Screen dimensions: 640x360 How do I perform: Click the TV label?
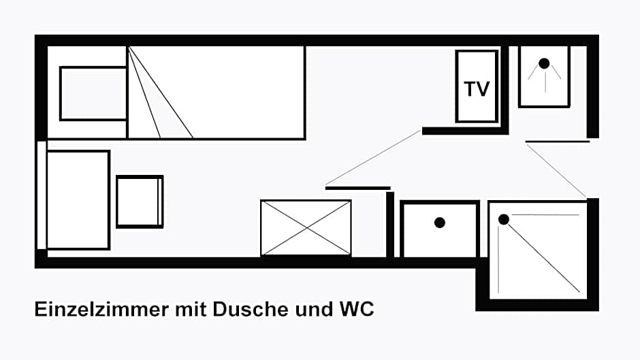(477, 89)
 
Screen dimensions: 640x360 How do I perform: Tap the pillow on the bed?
(93, 93)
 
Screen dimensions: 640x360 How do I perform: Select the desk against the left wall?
(78, 199)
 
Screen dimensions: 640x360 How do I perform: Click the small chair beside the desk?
(140, 201)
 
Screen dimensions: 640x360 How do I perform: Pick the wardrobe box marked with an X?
(306, 227)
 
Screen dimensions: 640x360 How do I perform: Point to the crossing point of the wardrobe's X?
(306, 228)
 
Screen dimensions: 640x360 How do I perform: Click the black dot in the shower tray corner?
(504, 220)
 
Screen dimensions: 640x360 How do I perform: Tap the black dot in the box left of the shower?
(440, 223)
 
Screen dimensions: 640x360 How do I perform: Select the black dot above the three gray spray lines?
(544, 63)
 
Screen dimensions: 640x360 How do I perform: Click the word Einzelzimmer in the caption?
(101, 309)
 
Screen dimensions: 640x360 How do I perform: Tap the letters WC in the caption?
(356, 309)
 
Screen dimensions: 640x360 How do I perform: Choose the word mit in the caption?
(191, 309)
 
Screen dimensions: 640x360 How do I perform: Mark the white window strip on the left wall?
(42, 195)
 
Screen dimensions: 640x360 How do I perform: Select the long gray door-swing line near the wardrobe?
(374, 158)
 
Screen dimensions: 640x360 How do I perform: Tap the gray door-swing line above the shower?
(556, 171)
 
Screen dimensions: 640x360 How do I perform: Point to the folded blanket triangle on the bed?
(160, 93)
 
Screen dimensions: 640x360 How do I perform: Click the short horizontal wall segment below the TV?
(465, 131)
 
